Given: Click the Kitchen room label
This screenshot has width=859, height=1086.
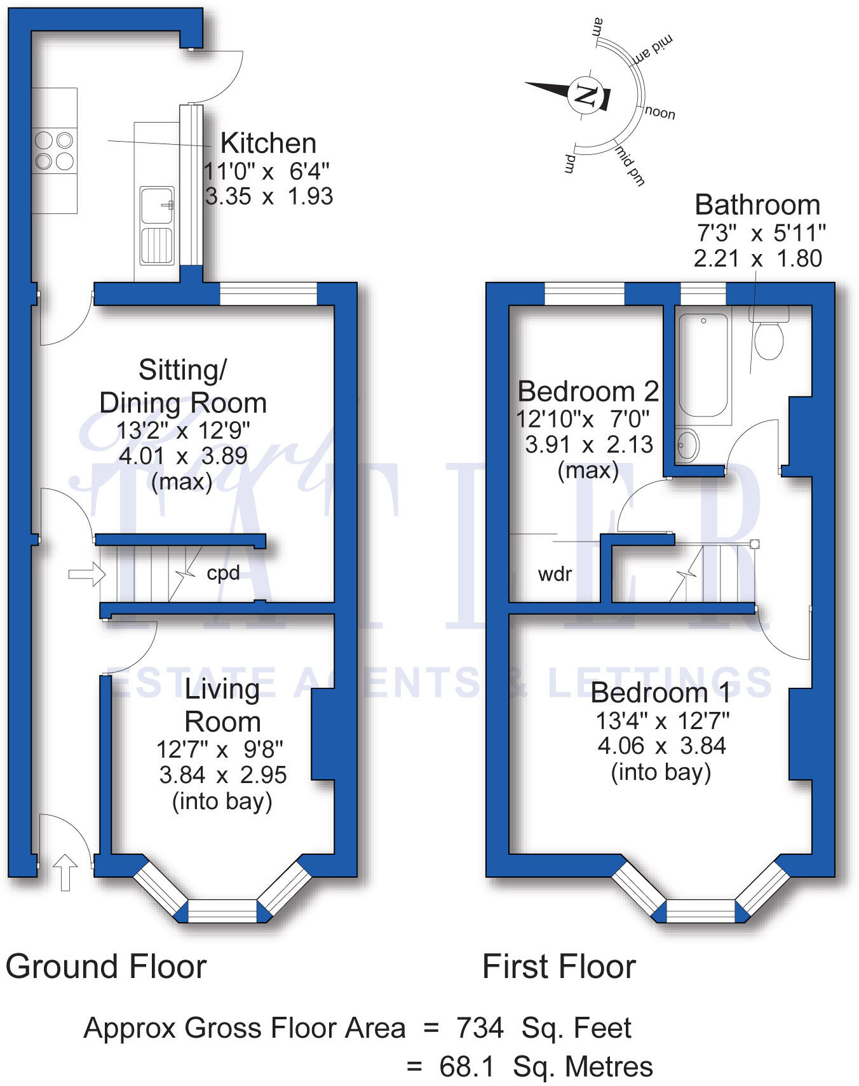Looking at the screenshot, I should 268,144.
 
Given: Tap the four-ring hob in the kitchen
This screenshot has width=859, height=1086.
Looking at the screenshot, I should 54,151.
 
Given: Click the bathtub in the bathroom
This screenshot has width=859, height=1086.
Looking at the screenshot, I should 703,365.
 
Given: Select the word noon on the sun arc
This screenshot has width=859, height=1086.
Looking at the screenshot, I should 660,113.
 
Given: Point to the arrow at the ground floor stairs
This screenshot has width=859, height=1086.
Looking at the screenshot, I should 86,575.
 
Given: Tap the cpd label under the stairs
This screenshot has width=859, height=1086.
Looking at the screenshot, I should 223,573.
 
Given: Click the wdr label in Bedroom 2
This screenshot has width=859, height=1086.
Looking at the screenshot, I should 555,574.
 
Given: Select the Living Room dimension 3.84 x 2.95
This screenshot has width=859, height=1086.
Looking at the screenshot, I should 222,775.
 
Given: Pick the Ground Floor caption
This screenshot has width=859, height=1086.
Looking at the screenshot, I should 106,967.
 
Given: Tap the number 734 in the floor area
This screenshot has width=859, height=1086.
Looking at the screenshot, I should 480,1028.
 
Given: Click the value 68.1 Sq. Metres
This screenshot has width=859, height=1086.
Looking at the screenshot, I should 545,1066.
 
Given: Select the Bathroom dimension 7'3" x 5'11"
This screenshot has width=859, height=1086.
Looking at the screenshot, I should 761,233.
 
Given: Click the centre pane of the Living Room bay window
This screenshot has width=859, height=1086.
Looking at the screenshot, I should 222,911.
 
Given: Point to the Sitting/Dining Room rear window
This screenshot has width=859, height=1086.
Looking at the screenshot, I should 268,294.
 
